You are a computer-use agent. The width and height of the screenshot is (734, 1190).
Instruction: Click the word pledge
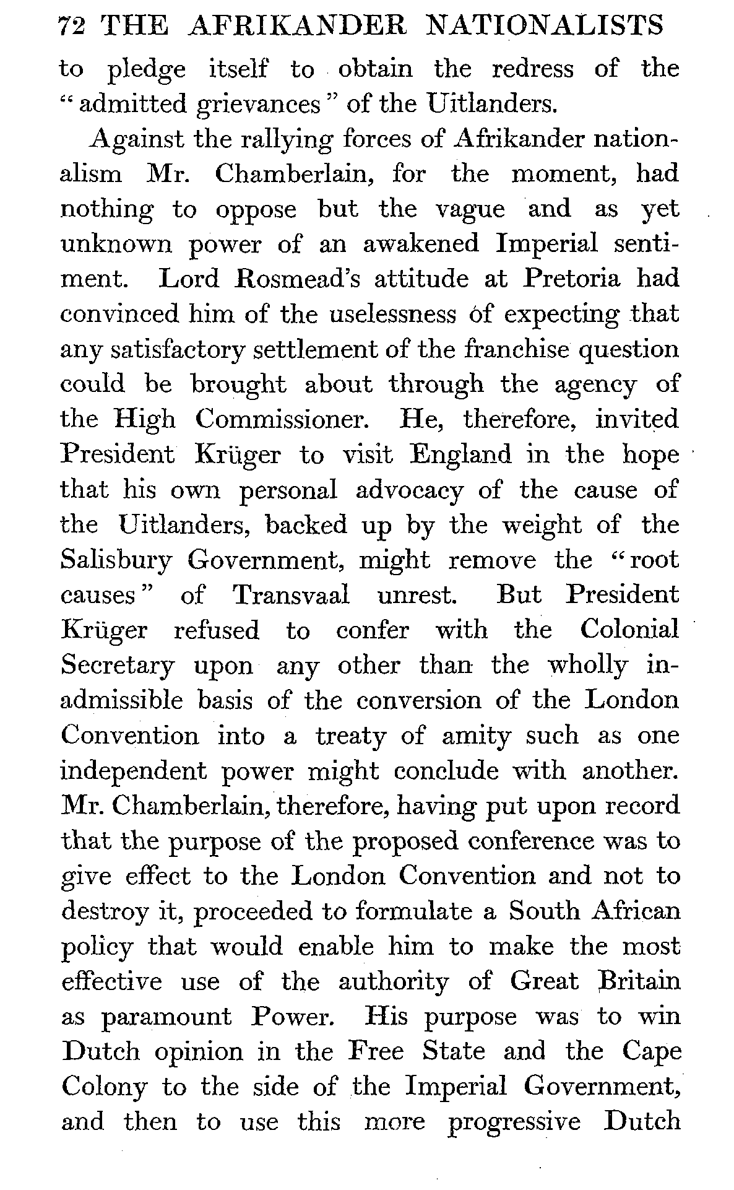[x=147, y=70]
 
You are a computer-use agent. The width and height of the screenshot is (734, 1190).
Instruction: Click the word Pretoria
[x=571, y=279]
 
